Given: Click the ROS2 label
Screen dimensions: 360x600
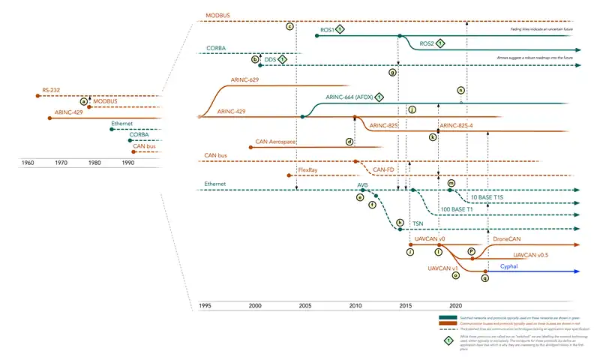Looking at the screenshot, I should click(x=426, y=43).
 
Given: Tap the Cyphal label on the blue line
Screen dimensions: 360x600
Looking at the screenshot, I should click(x=508, y=266).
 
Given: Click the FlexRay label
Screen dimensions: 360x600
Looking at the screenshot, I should click(x=307, y=170).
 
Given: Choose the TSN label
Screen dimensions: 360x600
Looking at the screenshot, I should click(x=418, y=224).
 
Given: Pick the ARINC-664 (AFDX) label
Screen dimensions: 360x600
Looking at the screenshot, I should click(x=349, y=97).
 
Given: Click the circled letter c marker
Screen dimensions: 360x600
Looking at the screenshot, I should click(x=289, y=27).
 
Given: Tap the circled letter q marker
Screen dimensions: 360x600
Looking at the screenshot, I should click(x=485, y=277).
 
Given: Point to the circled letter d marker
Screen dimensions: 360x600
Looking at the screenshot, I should click(x=349, y=141).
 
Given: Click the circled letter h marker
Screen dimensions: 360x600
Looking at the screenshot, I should click(x=400, y=223).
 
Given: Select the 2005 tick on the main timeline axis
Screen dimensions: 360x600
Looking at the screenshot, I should click(x=304, y=306).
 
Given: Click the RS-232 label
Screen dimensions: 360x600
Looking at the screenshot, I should click(x=51, y=90).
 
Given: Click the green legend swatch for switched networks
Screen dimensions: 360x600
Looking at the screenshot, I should click(x=447, y=317).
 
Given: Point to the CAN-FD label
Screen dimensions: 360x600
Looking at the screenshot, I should click(x=384, y=170).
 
